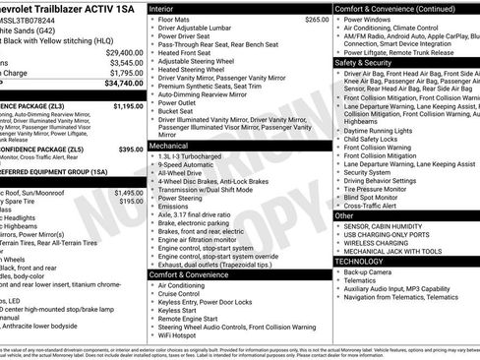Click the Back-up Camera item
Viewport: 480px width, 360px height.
[369, 271]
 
